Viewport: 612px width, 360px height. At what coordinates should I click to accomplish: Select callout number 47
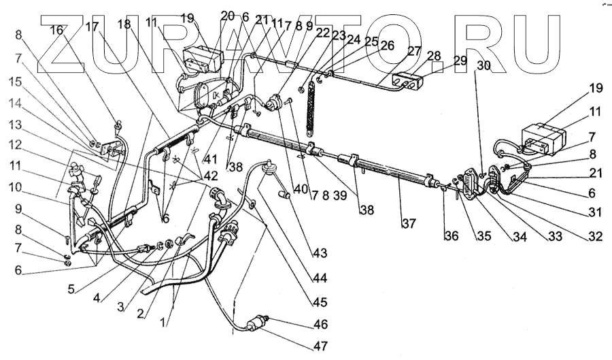pyautogui.click(x=320, y=346)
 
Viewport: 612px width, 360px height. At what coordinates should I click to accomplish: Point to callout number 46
pyautogui.click(x=320, y=324)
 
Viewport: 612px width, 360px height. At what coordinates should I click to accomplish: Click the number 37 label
pyautogui.click(x=408, y=223)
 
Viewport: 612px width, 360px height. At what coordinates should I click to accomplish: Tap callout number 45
pyautogui.click(x=320, y=302)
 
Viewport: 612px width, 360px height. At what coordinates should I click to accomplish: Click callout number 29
pyautogui.click(x=460, y=61)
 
